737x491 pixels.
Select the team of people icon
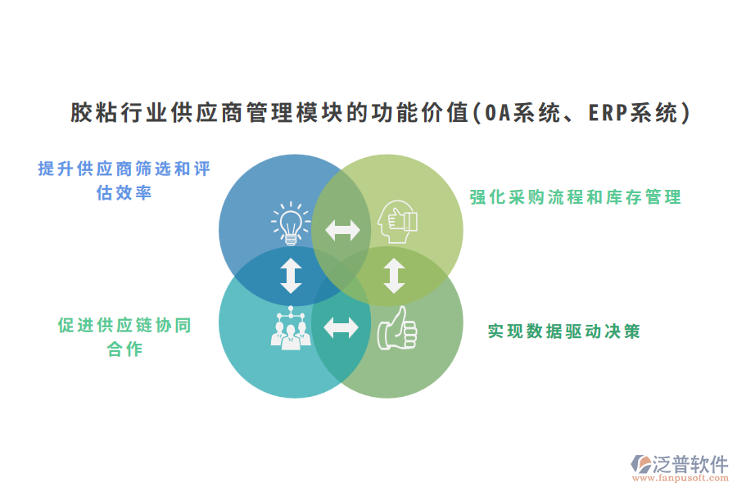pos(289,328)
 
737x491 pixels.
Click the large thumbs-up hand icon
pos(397,329)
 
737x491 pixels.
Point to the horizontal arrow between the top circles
pos(342,230)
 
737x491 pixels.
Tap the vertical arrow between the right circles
pos(395,276)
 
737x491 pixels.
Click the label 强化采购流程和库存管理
pos(575,197)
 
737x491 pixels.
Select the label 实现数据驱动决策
pos(564,331)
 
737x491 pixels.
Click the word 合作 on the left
pos(124,349)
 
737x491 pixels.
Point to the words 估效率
pos(124,194)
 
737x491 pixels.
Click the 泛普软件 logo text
pos(690,464)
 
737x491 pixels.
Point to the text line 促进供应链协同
pos(124,325)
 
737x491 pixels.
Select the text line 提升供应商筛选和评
pos(124,169)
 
